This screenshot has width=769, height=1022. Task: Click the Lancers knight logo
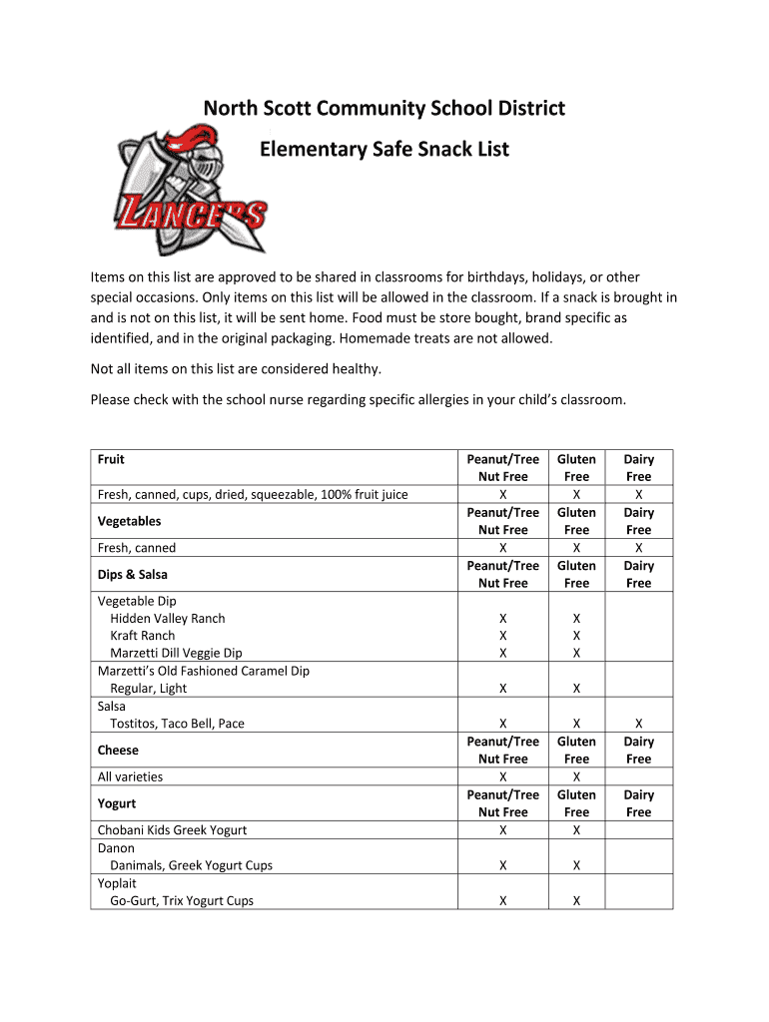[189, 190]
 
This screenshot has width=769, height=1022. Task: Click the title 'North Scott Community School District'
[384, 108]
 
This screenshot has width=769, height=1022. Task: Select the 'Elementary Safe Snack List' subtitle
[384, 150]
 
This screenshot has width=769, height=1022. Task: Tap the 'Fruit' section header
[111, 460]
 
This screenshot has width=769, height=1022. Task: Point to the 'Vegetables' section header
[129, 521]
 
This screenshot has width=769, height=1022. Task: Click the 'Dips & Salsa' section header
[132, 575]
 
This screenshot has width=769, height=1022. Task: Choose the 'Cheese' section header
[118, 751]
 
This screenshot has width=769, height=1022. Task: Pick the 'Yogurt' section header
[117, 803]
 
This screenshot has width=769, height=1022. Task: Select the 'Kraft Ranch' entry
[143, 636]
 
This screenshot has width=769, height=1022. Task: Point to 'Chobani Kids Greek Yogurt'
[172, 830]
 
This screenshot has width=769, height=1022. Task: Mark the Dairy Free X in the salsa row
[639, 724]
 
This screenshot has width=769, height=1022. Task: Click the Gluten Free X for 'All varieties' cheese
[576, 776]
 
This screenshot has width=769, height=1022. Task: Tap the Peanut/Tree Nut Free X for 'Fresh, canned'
[502, 548]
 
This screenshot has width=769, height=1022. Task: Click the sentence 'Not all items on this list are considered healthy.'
[236, 369]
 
